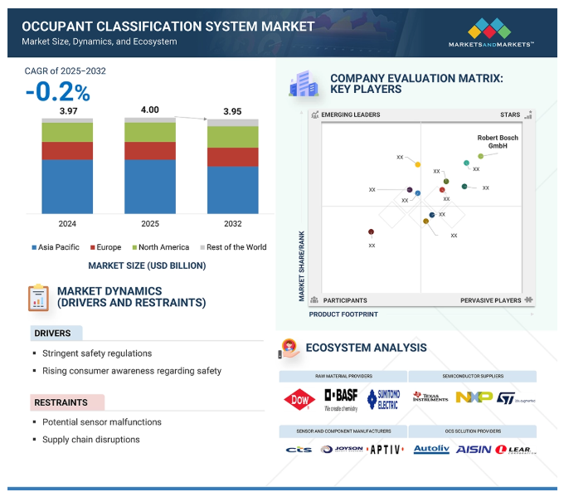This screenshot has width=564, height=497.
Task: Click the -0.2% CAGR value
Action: click(57, 91)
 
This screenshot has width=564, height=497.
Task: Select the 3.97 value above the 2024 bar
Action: click(67, 110)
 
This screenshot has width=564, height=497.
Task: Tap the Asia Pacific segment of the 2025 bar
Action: click(150, 186)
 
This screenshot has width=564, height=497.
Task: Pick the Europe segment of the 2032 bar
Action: click(232, 157)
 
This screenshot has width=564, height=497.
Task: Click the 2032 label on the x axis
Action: click(232, 224)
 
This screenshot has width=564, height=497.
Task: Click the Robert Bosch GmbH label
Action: click(498, 141)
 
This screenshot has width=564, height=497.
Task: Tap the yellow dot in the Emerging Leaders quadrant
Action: click(417, 165)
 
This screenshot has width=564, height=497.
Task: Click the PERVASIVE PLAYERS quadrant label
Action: click(491, 300)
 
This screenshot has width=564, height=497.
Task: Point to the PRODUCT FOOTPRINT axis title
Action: click(343, 314)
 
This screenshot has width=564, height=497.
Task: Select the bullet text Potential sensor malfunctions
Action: click(102, 422)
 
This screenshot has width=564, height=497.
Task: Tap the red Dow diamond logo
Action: click(299, 398)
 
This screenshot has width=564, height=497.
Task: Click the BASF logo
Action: click(340, 397)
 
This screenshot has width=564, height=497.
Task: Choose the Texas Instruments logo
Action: click(430, 397)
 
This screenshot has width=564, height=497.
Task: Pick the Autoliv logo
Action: click(430, 449)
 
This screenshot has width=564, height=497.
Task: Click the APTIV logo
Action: click(386, 449)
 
